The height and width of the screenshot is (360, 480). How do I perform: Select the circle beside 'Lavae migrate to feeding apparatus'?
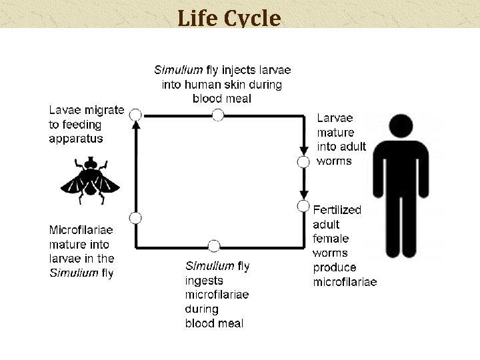click(135, 115)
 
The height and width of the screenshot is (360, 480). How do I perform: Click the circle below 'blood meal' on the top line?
click(217, 115)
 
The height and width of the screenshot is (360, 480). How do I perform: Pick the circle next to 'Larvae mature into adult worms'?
click(303, 161)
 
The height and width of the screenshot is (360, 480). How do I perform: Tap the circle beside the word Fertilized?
click(303, 206)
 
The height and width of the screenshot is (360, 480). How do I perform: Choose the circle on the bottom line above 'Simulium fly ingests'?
click(213, 246)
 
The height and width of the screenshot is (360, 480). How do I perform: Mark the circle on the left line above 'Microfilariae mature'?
click(135, 217)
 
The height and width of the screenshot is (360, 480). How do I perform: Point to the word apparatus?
click(76, 139)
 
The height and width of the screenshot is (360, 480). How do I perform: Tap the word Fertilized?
click(337, 210)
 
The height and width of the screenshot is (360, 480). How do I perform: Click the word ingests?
click(204, 281)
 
